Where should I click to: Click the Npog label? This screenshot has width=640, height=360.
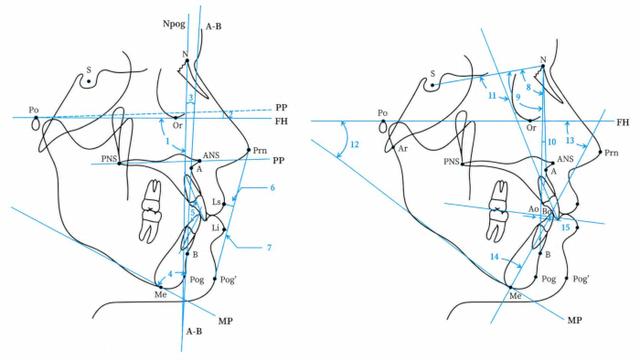[x=175, y=24]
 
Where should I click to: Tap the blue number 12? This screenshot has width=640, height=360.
[x=355, y=144]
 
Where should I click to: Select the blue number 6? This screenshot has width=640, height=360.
[x=272, y=187]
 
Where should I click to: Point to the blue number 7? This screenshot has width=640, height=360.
[x=269, y=248]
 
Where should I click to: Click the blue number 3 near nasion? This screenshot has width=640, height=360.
[x=190, y=98]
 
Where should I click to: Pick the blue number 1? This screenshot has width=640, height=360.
[x=167, y=141]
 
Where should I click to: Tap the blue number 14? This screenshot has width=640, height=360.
[x=495, y=257]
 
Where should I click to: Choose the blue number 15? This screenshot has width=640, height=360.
[x=565, y=228]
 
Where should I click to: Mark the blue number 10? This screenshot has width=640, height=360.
[x=552, y=142]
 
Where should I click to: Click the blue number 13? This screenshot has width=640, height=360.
[x=570, y=141]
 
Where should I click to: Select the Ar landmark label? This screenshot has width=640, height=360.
[x=403, y=149]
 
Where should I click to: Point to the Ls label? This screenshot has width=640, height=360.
[x=217, y=202]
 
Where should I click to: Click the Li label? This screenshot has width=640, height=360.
[x=216, y=228]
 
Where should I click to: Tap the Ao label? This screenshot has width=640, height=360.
[x=534, y=209]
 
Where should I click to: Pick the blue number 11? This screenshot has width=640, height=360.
[x=492, y=95]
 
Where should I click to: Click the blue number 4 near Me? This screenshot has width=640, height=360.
[x=170, y=274]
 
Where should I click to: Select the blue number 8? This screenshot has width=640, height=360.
[x=528, y=87]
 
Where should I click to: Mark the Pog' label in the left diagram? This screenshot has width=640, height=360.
[x=228, y=280]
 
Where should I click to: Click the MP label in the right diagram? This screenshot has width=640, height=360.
[x=575, y=320]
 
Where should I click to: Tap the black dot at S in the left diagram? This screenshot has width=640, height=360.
[x=89, y=81]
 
